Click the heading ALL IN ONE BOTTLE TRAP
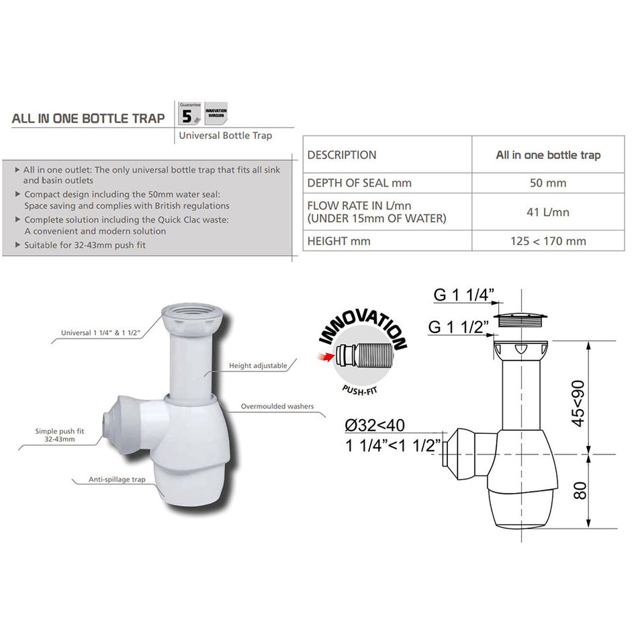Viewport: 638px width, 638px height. point(88,118)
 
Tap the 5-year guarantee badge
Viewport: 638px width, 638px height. point(189,114)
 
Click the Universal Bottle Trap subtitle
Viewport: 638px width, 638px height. point(225,136)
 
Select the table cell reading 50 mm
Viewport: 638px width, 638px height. point(547,183)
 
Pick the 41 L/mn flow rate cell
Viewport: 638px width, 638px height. point(547,212)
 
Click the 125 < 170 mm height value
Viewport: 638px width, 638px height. point(547,240)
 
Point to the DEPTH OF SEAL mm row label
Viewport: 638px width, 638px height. point(359,183)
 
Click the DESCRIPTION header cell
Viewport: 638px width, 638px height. point(342,155)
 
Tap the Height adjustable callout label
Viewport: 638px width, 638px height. point(258,365)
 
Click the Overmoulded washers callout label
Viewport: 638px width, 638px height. point(277,406)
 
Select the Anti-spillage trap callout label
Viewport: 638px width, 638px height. point(117,480)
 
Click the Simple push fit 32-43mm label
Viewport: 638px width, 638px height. point(55,435)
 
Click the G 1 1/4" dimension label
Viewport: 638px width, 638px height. point(463,295)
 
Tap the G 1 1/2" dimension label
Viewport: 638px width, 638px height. point(462,327)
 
